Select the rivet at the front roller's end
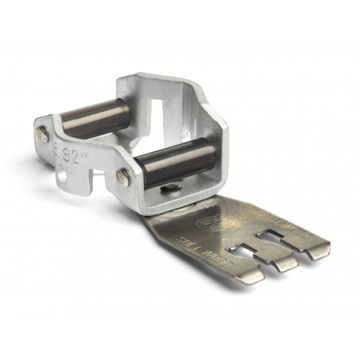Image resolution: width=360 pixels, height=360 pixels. (120, 176)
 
